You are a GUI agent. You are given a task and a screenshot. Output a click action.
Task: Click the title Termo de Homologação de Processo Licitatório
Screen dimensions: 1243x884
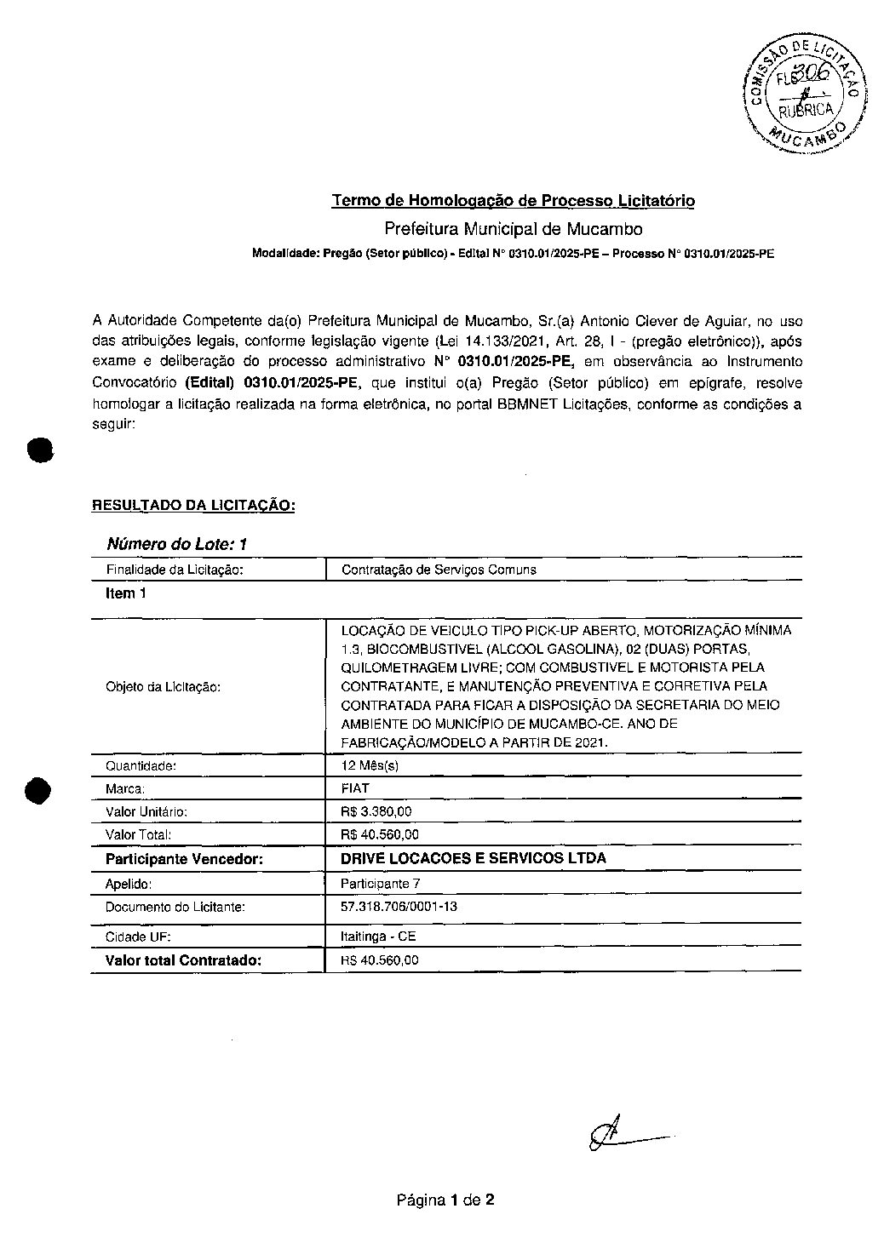513,201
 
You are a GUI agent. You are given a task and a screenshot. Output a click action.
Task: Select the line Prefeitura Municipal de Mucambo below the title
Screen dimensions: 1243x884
513,229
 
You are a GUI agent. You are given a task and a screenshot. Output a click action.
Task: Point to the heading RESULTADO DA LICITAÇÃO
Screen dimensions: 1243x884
193,505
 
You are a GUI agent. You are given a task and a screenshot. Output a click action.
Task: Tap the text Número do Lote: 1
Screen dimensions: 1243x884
176,544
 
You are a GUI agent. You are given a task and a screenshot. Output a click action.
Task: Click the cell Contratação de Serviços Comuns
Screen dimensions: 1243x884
439,570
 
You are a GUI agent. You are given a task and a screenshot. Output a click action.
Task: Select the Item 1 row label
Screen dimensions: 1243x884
126,593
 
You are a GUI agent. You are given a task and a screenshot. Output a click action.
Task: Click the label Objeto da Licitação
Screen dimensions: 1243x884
163,686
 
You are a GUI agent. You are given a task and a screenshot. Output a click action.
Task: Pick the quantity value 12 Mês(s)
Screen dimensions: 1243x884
370,765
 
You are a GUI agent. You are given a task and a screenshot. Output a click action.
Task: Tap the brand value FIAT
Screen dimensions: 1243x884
355,788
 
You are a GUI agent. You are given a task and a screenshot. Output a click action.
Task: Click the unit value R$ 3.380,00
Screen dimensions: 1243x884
376,811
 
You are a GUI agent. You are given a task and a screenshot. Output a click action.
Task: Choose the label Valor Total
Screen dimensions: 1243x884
138,834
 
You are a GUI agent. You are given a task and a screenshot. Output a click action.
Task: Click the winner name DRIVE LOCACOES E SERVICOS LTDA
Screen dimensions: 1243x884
474,858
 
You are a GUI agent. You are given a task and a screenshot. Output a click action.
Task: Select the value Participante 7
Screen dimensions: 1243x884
380,884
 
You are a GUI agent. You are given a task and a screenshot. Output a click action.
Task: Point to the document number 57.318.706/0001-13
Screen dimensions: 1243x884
399,907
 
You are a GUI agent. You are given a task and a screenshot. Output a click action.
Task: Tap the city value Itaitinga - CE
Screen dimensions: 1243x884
378,937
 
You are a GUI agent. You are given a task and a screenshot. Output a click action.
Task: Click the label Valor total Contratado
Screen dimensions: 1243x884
183,960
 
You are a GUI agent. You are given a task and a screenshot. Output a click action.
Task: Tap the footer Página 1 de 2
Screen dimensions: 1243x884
445,1200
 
